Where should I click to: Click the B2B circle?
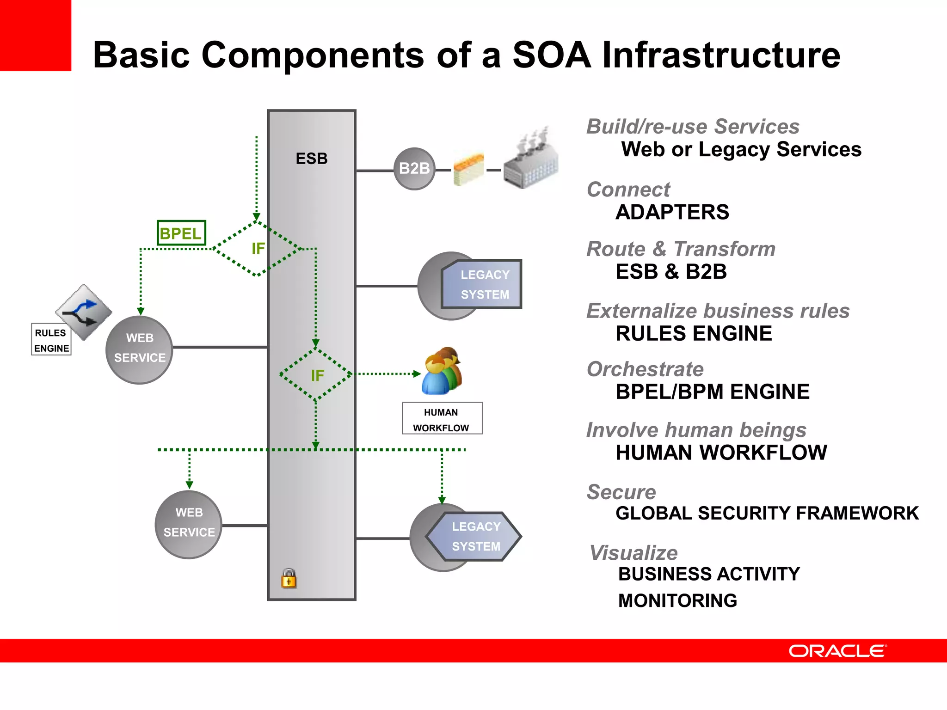coord(414,169)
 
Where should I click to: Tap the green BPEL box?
coord(181,233)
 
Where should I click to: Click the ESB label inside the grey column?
coord(311,159)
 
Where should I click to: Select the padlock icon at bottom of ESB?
coord(289,578)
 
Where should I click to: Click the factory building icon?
coord(531,159)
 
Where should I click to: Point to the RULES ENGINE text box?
coord(51,340)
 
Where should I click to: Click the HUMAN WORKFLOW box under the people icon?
coord(442,419)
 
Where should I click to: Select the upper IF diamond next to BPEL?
coord(257,249)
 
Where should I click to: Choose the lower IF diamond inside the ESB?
coord(317,375)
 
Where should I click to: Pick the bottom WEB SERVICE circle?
coord(189,524)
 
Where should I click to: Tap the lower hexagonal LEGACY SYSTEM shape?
coord(474,536)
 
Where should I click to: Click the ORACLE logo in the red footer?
coord(837,651)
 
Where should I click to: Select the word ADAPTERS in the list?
coord(672,213)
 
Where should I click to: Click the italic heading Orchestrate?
coord(645,369)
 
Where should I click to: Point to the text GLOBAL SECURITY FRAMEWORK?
coord(767,513)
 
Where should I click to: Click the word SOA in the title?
coord(552,55)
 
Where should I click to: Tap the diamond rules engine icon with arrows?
coord(84,312)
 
